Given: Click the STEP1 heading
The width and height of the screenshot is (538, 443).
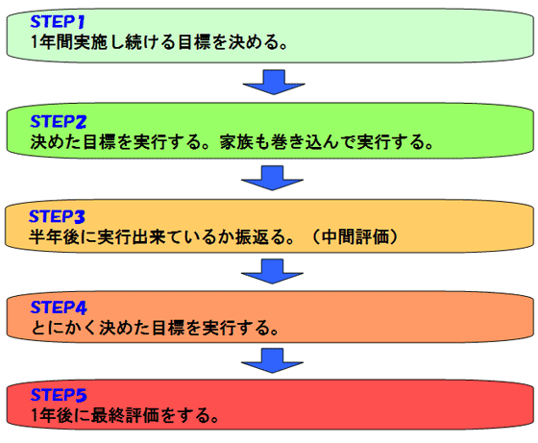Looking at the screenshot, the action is click(58, 21).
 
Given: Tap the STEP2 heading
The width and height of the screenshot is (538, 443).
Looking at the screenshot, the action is click(59, 121).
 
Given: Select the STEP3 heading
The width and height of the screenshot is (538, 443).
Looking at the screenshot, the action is click(57, 216).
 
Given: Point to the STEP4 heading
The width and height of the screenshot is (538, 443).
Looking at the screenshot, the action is click(59, 308).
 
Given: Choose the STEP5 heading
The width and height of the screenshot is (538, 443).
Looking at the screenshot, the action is click(59, 395).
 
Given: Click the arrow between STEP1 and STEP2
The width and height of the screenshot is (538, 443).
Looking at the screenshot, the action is click(274, 82).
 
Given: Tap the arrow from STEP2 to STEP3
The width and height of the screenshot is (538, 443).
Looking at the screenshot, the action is click(272, 178).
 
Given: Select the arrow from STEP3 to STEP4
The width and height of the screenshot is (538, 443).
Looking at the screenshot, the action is click(272, 271).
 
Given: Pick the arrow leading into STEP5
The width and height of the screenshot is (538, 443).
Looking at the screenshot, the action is click(272, 360).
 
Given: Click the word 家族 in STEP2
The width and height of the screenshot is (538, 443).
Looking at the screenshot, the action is click(236, 141).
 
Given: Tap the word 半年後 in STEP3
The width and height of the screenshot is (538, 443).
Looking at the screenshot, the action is click(54, 236).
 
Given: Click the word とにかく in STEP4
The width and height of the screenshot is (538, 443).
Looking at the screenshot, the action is click(64, 328).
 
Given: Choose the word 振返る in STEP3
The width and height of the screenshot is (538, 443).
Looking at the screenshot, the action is click(260, 236).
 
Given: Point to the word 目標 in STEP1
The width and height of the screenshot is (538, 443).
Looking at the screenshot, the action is click(194, 42).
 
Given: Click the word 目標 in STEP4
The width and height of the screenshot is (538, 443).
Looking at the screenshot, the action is click(168, 328).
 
